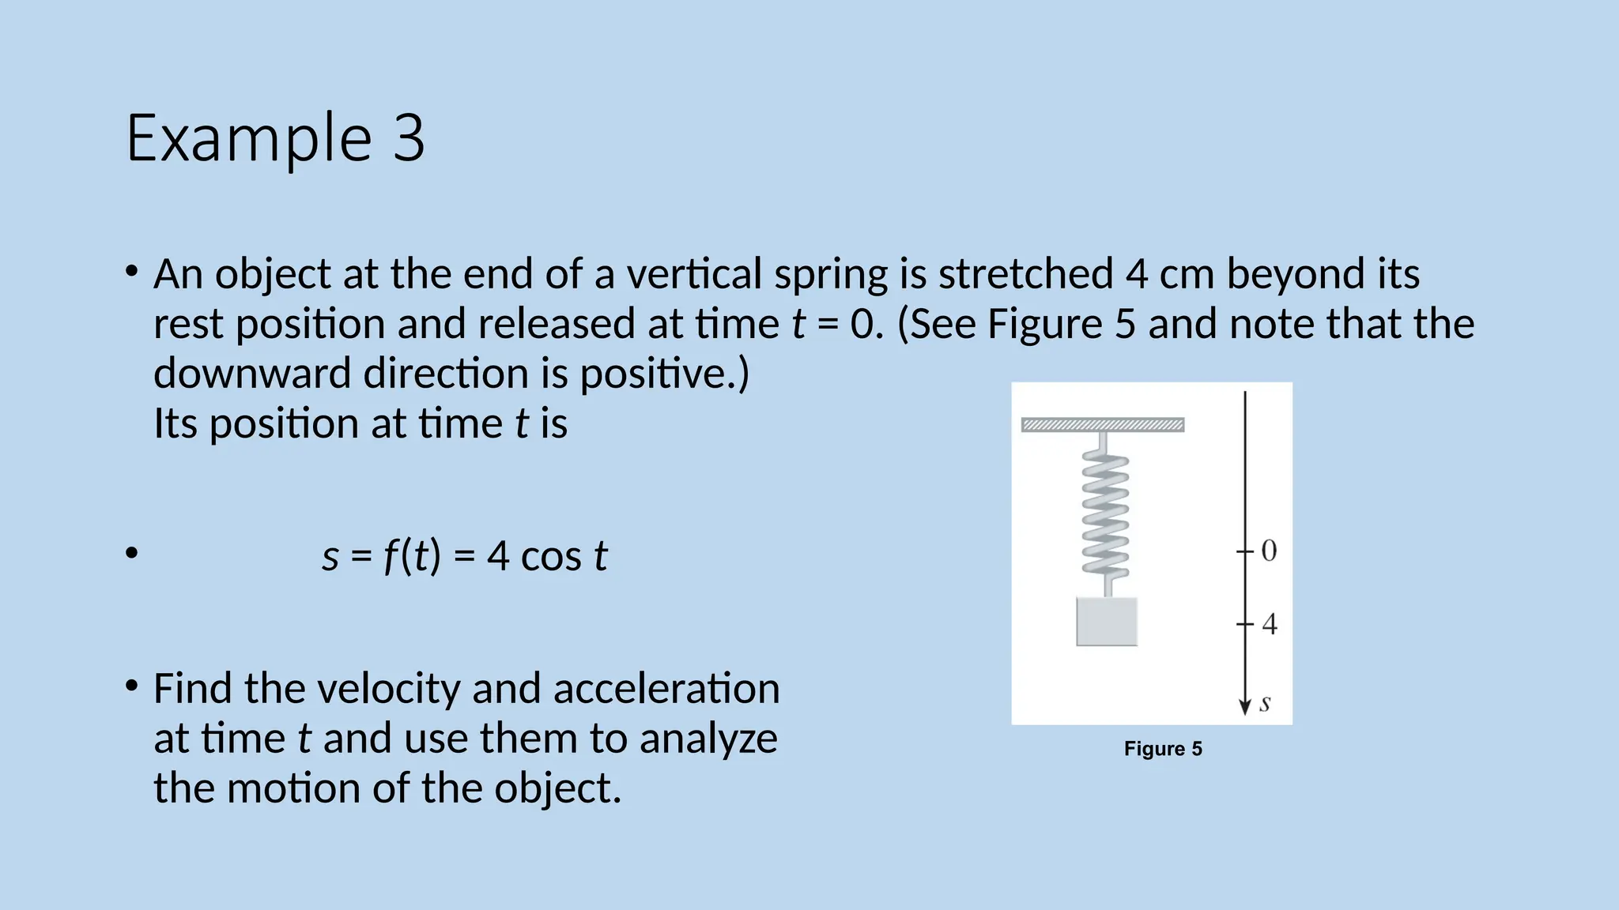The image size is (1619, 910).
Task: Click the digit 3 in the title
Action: point(408,139)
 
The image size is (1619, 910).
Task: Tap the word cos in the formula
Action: point(551,556)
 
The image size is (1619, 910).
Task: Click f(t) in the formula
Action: point(411,556)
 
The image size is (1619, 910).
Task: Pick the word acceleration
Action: point(666,689)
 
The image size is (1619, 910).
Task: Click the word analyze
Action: point(708,739)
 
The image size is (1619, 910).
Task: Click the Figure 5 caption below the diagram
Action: point(1163,749)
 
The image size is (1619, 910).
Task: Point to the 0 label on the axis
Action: point(1269,551)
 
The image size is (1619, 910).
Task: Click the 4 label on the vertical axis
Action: point(1270,625)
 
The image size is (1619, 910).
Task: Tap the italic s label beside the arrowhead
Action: point(1266,702)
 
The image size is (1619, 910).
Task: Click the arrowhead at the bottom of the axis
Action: point(1245,706)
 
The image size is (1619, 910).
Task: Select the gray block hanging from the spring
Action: point(1107,622)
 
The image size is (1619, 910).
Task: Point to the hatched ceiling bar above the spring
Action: point(1103,425)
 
